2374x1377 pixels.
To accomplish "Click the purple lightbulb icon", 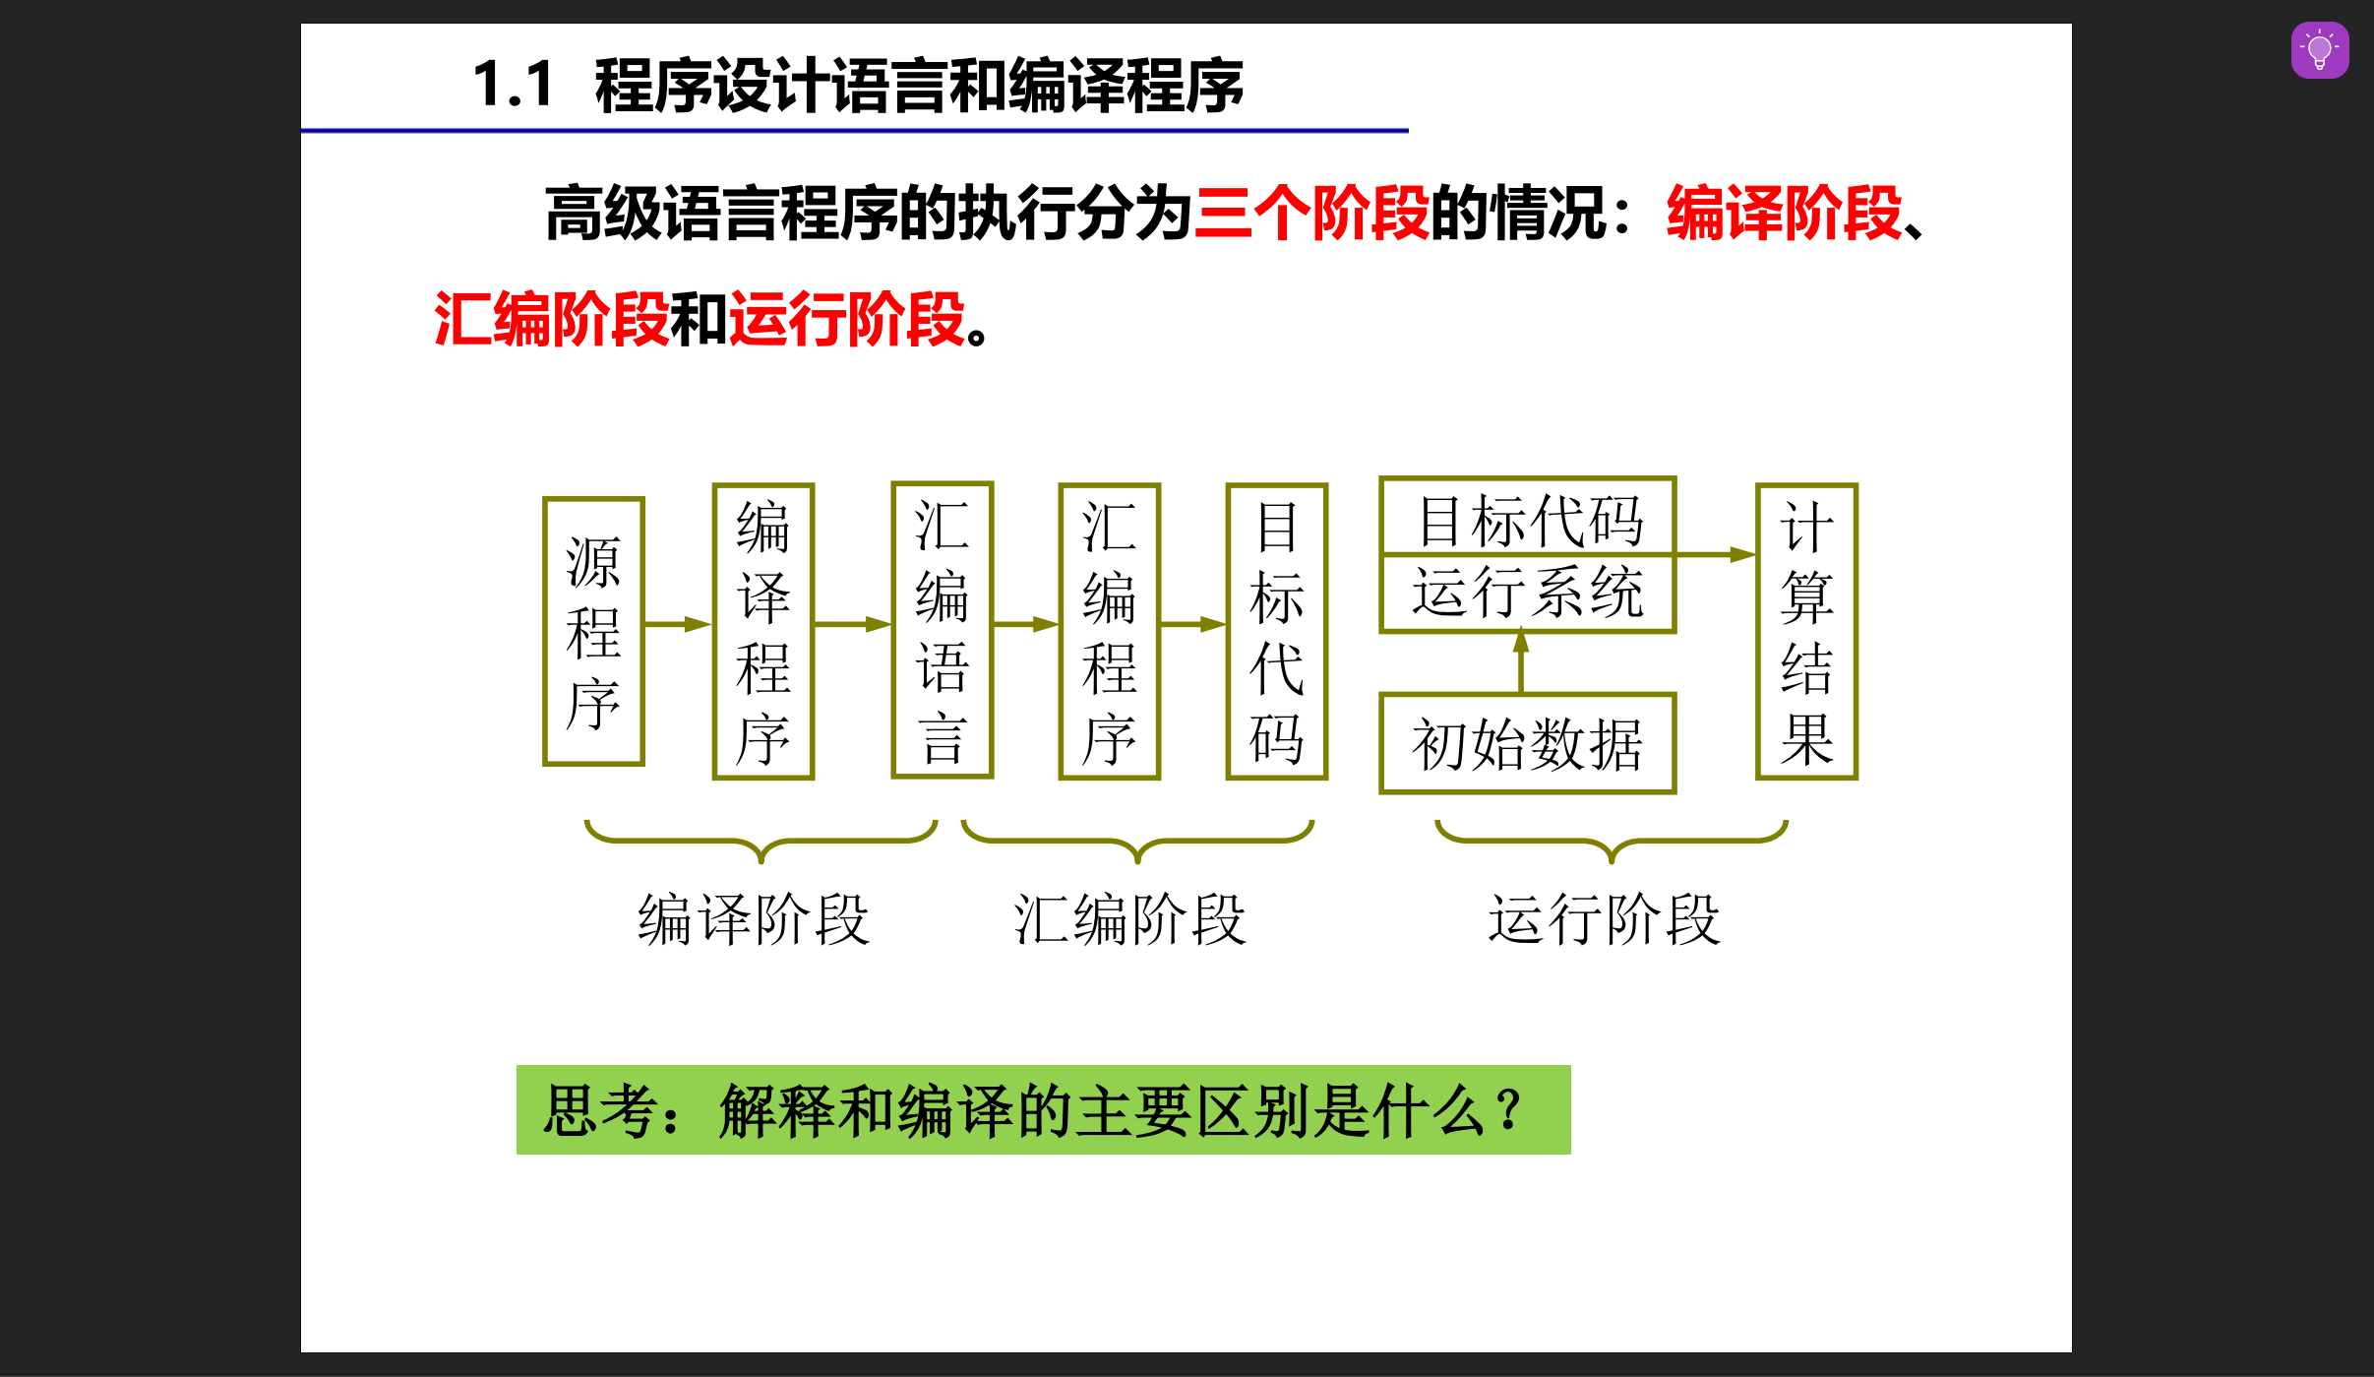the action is click(2319, 50).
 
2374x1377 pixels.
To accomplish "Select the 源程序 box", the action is click(593, 631).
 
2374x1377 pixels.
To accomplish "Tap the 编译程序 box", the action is click(762, 631).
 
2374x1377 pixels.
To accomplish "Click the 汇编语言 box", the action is click(942, 630).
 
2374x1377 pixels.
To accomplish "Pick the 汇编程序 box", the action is click(1109, 631).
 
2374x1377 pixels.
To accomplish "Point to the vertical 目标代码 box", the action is click(1276, 631).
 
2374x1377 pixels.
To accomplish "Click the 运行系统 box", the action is click(1527, 593).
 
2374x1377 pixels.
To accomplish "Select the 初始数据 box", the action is click(1527, 743).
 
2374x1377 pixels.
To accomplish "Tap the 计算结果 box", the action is click(1806, 631).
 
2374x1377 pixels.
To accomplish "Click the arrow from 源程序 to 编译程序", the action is click(678, 624).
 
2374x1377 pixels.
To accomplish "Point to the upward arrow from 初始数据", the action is click(1521, 662).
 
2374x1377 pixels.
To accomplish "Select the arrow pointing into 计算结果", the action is click(1716, 554).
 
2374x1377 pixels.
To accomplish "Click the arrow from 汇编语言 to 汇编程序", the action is click(1025, 624).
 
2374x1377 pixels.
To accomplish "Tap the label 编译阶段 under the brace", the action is click(754, 920).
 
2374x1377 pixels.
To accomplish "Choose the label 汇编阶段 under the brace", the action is click(1130, 920).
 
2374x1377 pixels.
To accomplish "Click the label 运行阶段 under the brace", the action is click(1605, 920).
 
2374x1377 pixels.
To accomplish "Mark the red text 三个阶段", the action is click(1311, 213).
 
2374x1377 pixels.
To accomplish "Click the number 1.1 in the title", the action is click(513, 85).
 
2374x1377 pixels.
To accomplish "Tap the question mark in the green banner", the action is click(1507, 1110).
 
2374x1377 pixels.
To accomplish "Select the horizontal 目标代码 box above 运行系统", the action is click(1529, 519).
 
